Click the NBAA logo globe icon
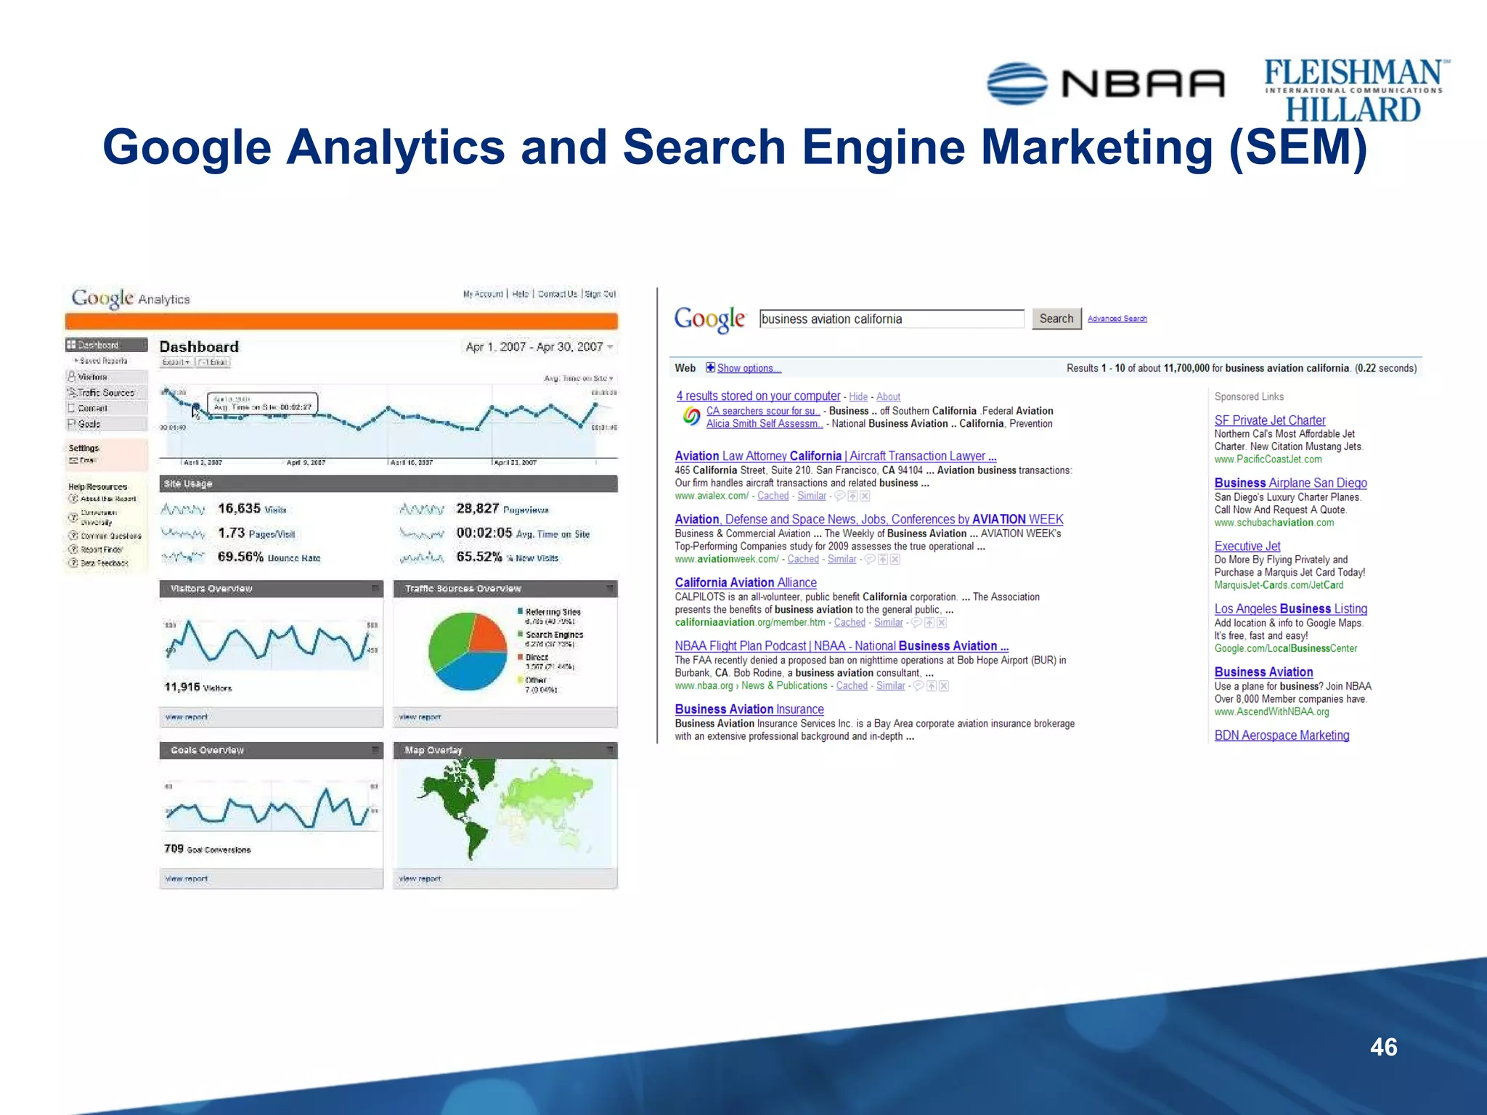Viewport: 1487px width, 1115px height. point(1017,83)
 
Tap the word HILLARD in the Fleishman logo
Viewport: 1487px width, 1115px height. point(1353,110)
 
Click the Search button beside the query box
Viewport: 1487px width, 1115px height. point(1056,319)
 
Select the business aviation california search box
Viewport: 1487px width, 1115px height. point(892,319)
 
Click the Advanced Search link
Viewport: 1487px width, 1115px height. point(1117,319)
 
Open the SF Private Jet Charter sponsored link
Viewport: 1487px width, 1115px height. point(1269,420)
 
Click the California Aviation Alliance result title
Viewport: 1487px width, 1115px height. point(746,582)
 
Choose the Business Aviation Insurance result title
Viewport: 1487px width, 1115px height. point(749,709)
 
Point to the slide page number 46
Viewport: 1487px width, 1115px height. point(1383,1047)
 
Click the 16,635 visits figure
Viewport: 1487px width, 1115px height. point(239,508)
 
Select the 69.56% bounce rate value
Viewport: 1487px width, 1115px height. point(240,557)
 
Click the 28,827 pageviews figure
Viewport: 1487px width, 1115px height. point(477,508)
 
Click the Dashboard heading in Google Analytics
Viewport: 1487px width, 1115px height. point(199,347)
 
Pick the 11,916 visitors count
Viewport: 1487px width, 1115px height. point(182,687)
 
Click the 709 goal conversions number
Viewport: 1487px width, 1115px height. point(174,849)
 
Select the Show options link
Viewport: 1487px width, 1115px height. point(749,368)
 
